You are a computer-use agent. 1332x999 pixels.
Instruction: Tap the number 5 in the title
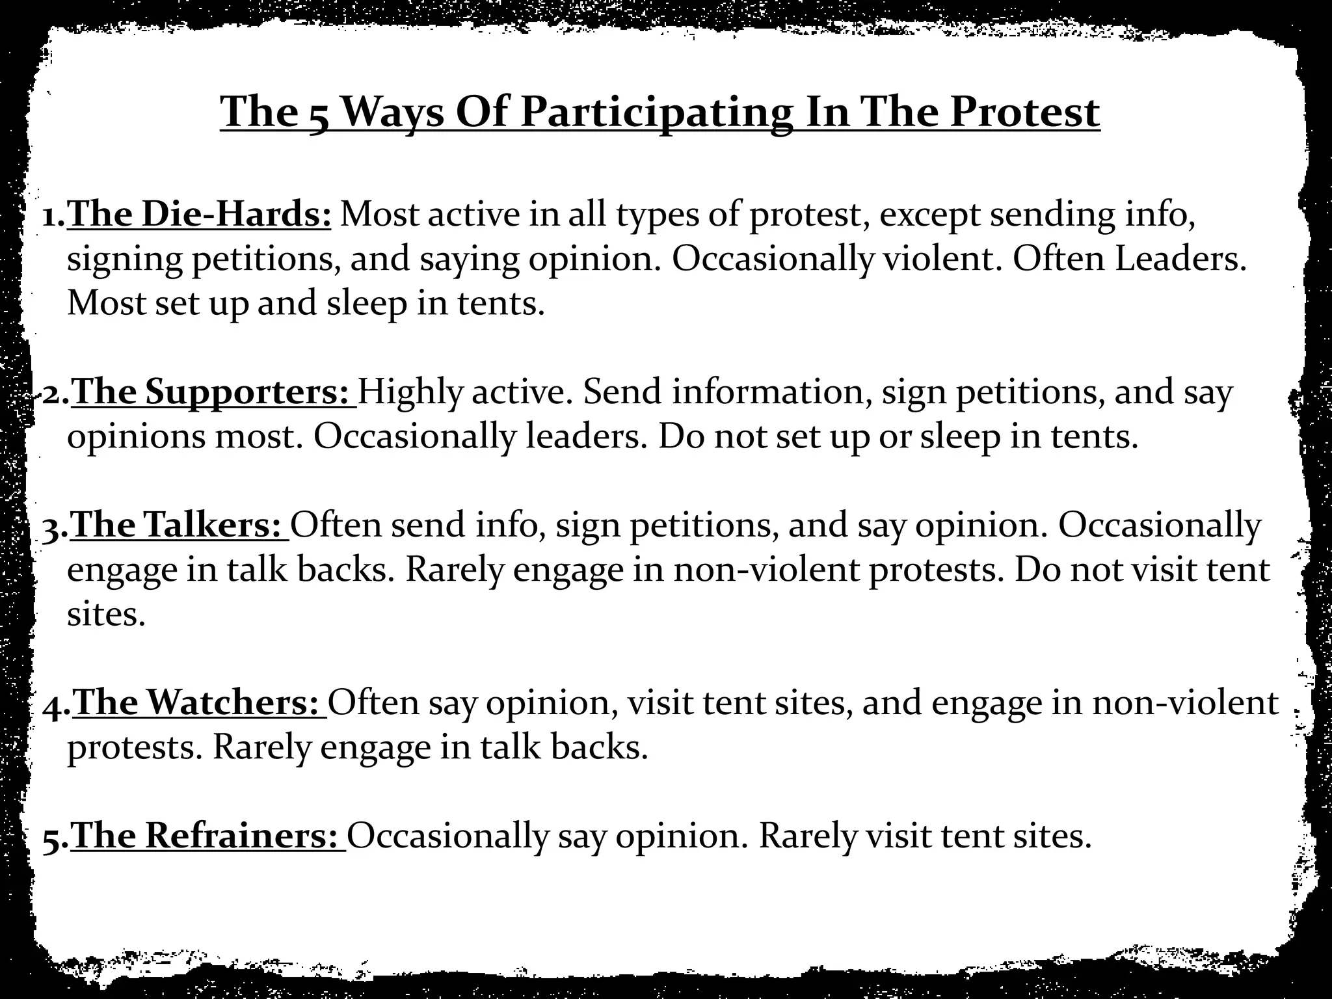(x=318, y=116)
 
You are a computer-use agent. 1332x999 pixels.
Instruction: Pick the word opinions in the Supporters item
(x=136, y=437)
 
